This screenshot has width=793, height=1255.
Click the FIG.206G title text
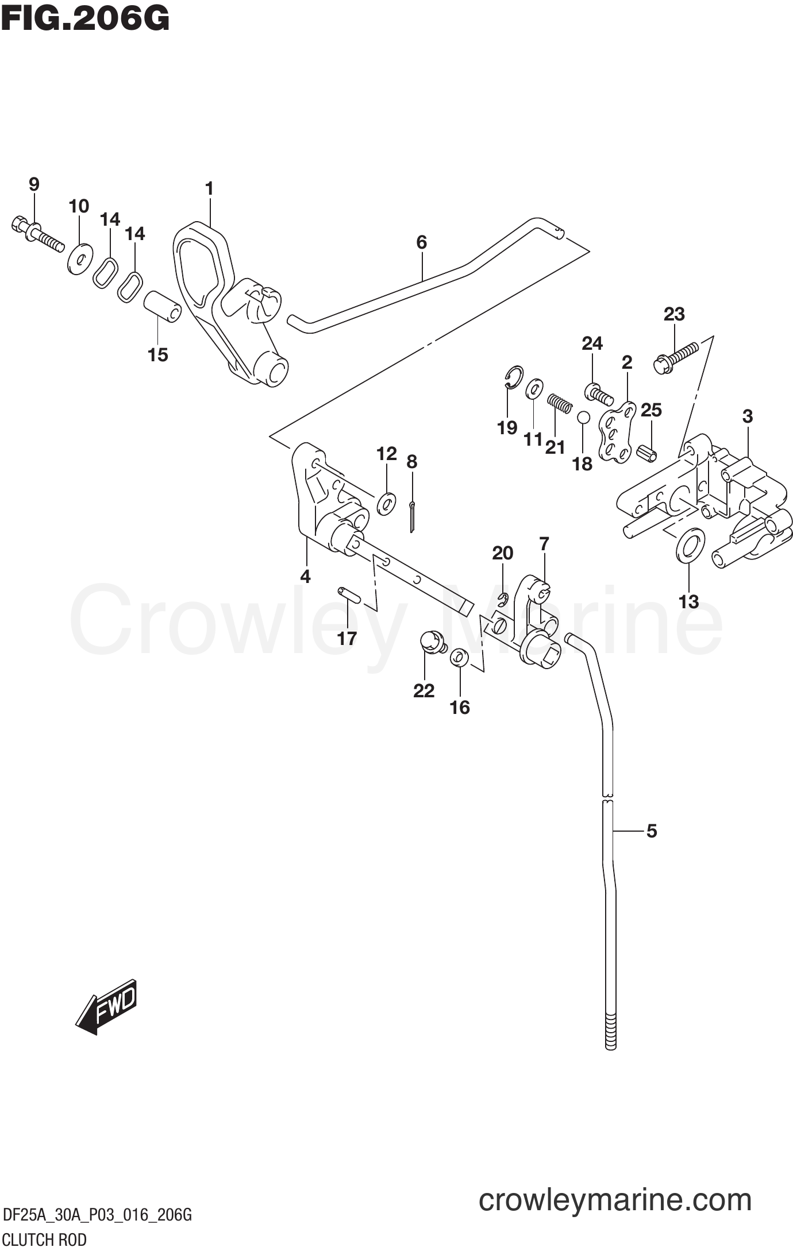(85, 19)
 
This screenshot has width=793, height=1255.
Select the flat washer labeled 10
(80, 259)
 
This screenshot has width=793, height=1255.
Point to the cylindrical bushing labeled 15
(162, 307)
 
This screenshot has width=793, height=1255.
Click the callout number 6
(422, 242)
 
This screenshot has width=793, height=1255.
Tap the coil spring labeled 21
(559, 401)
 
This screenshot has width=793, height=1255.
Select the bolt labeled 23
(676, 356)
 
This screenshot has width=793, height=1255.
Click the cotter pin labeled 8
(413, 516)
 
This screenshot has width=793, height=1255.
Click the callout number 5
(651, 831)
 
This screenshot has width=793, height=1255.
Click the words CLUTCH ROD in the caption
(44, 1239)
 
